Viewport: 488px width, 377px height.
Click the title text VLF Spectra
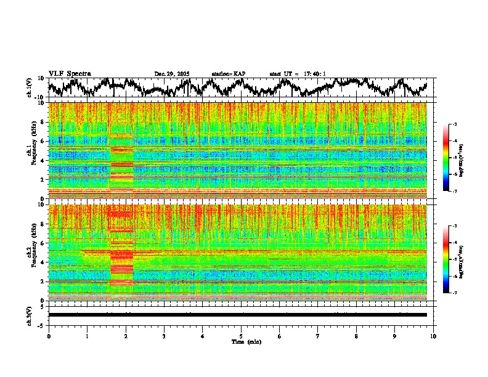tap(70, 73)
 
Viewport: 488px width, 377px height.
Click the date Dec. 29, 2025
tap(172, 74)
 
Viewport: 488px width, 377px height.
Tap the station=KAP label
tap(228, 74)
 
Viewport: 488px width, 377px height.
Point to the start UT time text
tap(297, 74)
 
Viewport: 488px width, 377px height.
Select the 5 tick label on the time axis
tap(241, 336)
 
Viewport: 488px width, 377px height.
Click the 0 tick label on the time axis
tap(49, 336)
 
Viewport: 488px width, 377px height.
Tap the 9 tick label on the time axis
tap(395, 336)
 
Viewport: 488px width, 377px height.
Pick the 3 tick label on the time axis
tap(164, 336)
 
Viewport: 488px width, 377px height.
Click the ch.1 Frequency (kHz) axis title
tap(30, 152)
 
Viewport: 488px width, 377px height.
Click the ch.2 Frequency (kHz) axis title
tap(30, 253)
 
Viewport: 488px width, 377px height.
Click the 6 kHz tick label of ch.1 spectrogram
tap(42, 141)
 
